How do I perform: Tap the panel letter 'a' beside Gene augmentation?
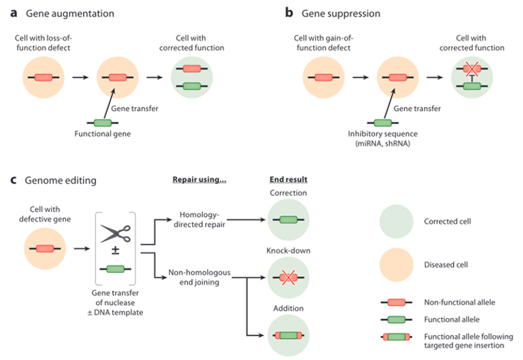pyautogui.click(x=11, y=14)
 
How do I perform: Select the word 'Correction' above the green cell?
pyautogui.click(x=289, y=193)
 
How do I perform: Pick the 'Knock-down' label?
pyautogui.click(x=289, y=251)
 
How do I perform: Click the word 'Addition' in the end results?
pyautogui.click(x=289, y=309)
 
